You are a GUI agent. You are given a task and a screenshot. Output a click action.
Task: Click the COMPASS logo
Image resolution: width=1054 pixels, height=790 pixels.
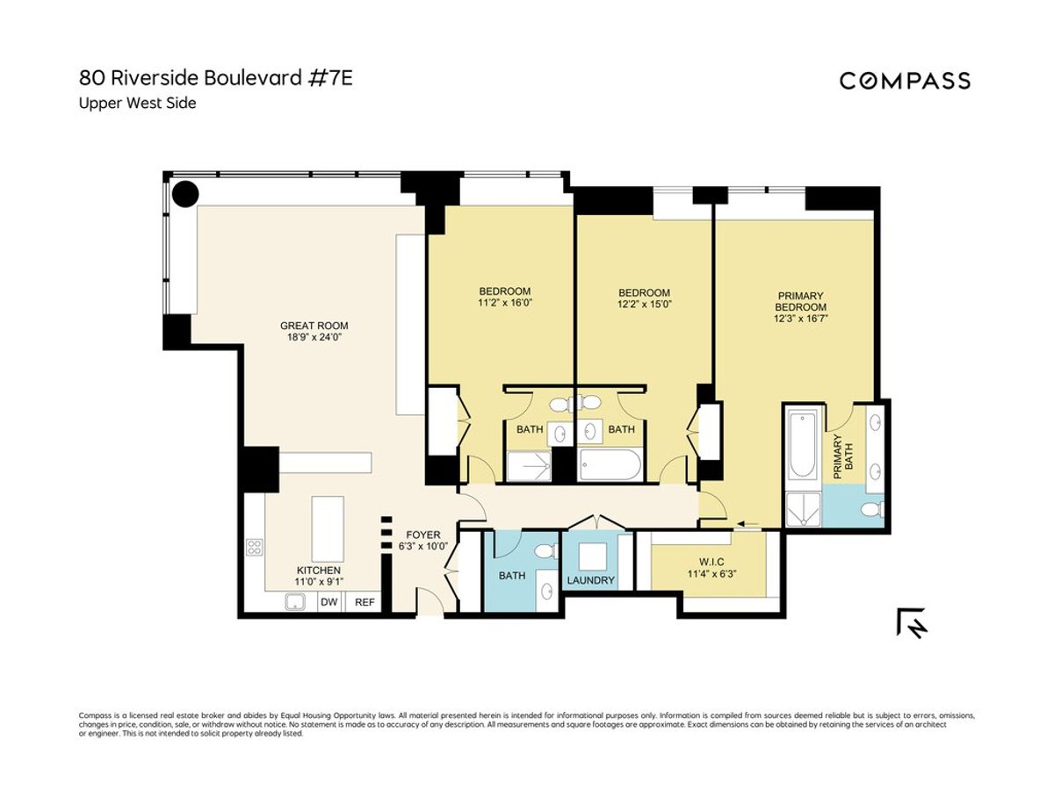coord(905,81)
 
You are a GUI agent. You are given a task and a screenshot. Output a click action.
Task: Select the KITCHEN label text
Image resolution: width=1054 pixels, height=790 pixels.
coord(318,571)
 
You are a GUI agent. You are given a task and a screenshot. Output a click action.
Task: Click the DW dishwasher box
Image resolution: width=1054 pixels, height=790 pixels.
coord(328,602)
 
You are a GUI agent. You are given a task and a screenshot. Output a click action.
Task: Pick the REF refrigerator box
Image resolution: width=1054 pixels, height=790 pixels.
coord(363,602)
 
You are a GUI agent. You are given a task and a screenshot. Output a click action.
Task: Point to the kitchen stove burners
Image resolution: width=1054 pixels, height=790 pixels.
coord(255,548)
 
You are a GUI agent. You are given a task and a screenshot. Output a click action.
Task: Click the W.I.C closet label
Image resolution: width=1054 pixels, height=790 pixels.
coord(711,561)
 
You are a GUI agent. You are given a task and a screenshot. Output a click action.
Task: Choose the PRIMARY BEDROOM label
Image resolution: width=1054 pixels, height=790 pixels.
coord(800,302)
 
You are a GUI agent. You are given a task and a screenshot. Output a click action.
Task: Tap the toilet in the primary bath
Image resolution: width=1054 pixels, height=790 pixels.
coord(871,510)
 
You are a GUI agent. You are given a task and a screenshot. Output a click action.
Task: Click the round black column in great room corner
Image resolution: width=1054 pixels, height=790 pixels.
coord(184,192)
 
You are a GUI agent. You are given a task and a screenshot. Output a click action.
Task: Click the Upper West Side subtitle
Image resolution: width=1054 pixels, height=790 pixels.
coord(138,104)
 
